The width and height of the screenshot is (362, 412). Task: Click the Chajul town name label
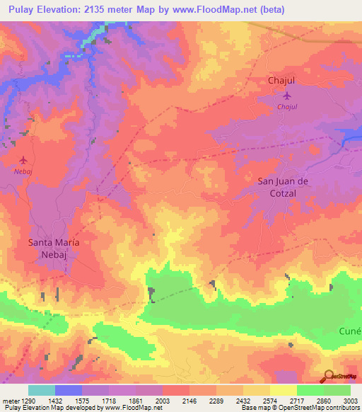click(281, 81)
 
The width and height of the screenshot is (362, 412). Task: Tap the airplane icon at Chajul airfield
click(286, 96)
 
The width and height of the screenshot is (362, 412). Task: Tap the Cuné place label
click(349, 331)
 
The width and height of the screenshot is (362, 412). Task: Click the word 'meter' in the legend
click(9, 400)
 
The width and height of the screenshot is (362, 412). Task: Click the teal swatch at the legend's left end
click(41, 390)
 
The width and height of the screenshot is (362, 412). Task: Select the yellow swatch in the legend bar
click(283, 390)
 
